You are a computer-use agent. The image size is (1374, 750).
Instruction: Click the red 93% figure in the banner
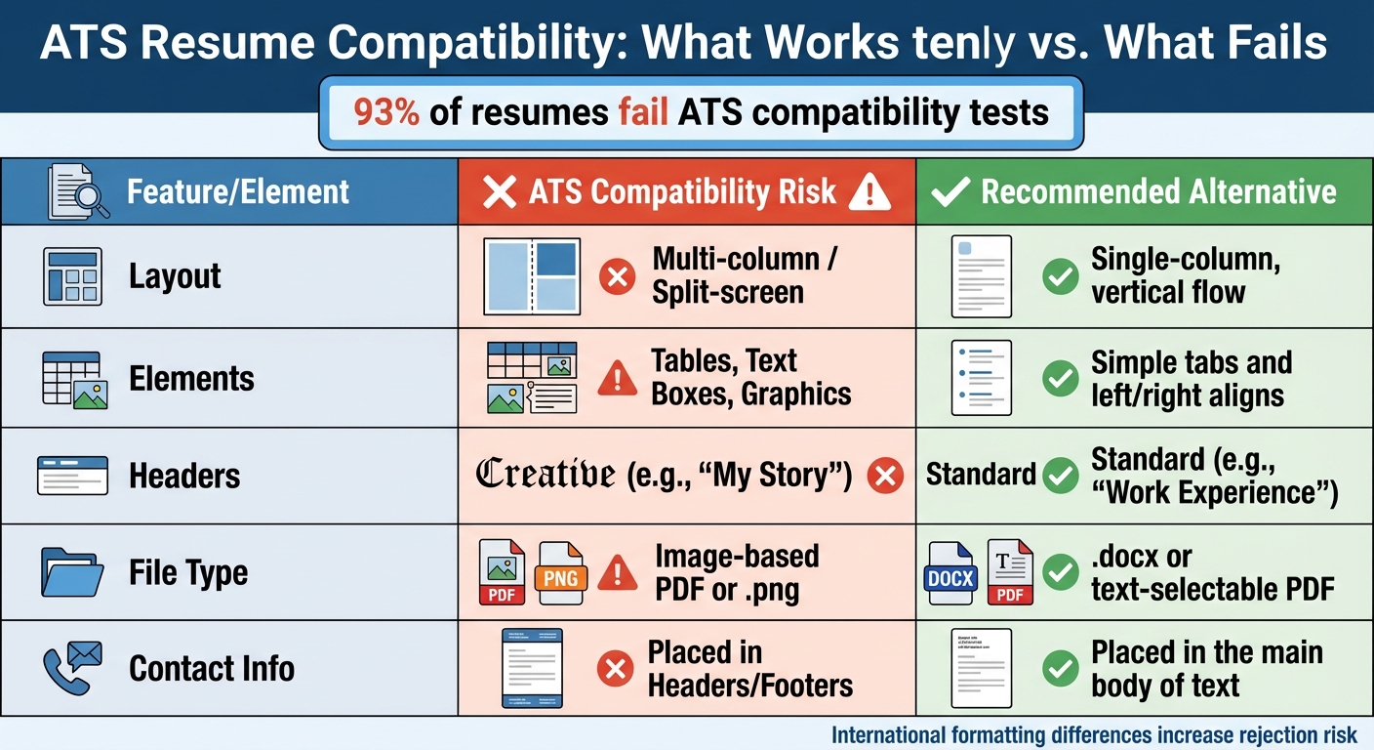386,113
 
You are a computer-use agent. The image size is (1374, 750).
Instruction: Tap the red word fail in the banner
642,113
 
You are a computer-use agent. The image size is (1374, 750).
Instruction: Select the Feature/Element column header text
238,191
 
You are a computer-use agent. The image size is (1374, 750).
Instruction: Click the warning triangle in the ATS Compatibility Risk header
869,192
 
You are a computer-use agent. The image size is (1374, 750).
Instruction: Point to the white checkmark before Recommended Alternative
950,192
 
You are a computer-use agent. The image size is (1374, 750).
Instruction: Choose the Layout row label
175,276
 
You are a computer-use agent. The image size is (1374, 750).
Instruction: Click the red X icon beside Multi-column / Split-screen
616,277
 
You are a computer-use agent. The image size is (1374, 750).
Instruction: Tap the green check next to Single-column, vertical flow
1060,277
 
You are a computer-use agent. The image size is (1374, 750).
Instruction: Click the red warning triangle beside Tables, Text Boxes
616,379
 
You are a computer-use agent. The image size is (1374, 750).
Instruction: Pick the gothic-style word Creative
545,476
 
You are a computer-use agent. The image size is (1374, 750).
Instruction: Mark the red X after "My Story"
885,477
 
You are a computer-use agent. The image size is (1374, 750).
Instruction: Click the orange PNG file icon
560,573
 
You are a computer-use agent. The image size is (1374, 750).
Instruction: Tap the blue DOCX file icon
950,574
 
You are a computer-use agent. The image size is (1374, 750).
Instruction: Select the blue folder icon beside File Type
72,572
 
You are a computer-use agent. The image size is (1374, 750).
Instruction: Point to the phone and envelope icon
72,668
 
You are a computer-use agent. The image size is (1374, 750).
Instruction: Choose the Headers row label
184,477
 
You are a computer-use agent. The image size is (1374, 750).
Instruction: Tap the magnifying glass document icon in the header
77,192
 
